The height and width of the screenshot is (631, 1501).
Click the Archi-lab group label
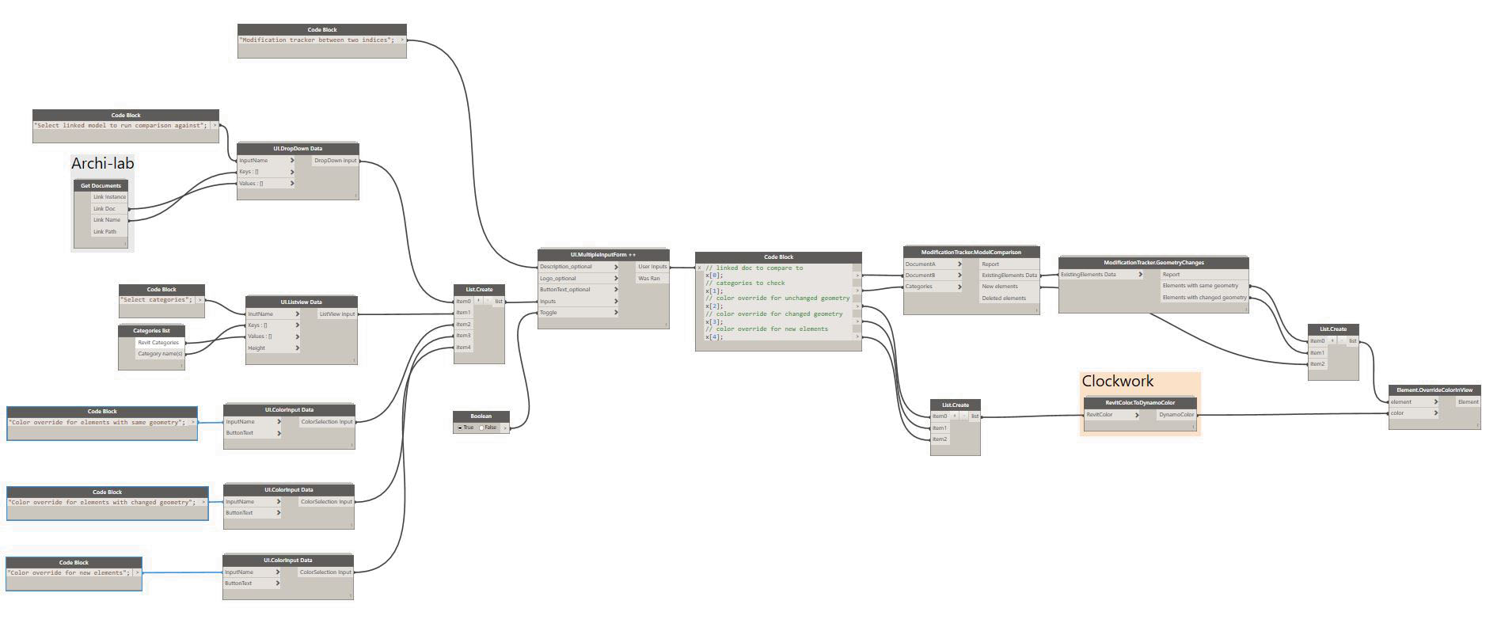pos(102,164)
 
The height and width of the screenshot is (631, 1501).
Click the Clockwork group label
pos(1117,382)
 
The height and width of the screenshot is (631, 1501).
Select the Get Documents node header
pos(101,186)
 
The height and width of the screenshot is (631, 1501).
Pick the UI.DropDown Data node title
pos(298,149)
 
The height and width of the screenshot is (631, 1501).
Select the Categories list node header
pos(151,331)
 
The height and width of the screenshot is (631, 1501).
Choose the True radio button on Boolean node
pos(460,428)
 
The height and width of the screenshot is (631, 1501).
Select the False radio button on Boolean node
pos(482,428)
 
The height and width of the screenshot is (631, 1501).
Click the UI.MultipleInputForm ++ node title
pos(603,255)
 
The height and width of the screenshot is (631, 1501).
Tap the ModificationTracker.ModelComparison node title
pos(971,253)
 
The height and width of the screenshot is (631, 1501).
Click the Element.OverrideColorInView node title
pos(1434,390)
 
